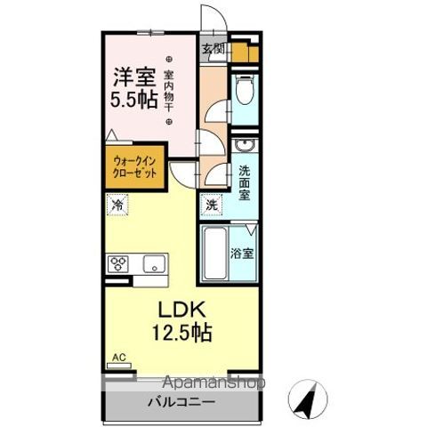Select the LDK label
tap(183, 311)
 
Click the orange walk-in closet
tap(135, 168)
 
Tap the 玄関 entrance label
tap(212, 49)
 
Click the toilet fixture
tap(246, 92)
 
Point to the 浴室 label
tap(243, 254)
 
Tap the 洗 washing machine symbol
tap(212, 204)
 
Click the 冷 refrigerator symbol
tap(118, 205)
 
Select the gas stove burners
tap(120, 263)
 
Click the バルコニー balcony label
tap(181, 402)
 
